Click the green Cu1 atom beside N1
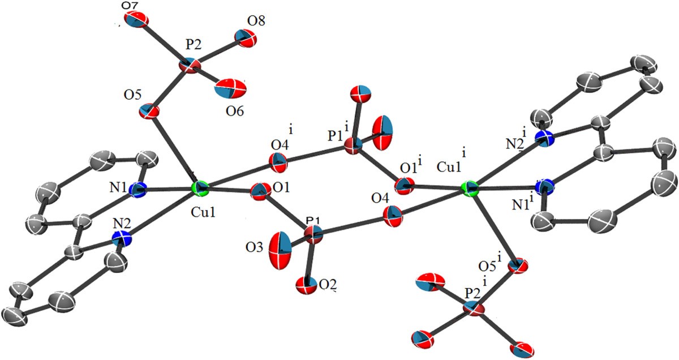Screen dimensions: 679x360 pyautogui.click(x=200, y=189)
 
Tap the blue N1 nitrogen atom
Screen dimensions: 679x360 pyautogui.click(x=137, y=190)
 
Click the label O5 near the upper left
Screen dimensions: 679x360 pyautogui.click(x=132, y=95)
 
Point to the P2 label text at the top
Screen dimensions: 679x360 pyautogui.click(x=194, y=45)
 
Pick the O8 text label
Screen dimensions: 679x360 pyautogui.click(x=256, y=22)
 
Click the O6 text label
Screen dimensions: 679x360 pyautogui.click(x=234, y=112)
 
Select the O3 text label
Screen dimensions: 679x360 pyautogui.click(x=254, y=248)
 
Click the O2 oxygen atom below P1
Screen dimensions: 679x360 pyautogui.click(x=307, y=285)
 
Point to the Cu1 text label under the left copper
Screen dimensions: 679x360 pyautogui.click(x=203, y=213)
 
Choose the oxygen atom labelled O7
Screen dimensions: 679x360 pyautogui.click(x=138, y=19)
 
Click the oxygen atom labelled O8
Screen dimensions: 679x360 pyautogui.click(x=245, y=38)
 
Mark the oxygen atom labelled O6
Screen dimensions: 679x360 pyautogui.click(x=230, y=88)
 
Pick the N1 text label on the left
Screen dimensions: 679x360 pyautogui.click(x=118, y=188)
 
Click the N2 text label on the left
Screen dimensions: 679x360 pyautogui.click(x=122, y=224)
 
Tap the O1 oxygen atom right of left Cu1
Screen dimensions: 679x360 pyautogui.click(x=260, y=191)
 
